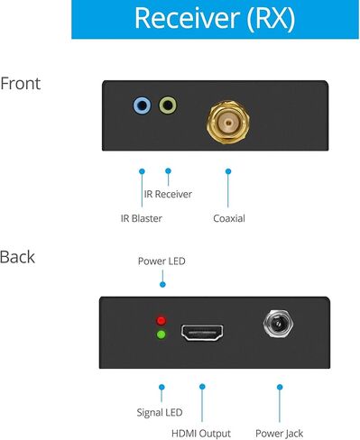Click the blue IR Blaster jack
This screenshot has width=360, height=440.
pyautogui.click(x=142, y=106)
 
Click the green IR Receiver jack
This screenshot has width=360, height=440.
pyautogui.click(x=168, y=106)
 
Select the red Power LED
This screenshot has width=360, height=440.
pyautogui.click(x=162, y=320)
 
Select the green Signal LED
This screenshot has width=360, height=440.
pyautogui.click(x=162, y=335)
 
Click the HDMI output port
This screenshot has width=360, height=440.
pyautogui.click(x=202, y=332)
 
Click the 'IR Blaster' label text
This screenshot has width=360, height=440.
pyautogui.click(x=143, y=218)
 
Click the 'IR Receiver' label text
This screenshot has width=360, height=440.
pyautogui.click(x=168, y=194)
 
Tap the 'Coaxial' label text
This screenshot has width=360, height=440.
pyautogui.click(x=228, y=218)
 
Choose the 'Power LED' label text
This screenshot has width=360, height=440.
pyautogui.click(x=162, y=262)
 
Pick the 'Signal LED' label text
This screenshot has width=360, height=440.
pyautogui.click(x=160, y=412)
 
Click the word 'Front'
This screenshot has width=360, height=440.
pyautogui.click(x=20, y=85)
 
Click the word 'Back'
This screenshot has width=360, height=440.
pyautogui.click(x=17, y=257)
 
